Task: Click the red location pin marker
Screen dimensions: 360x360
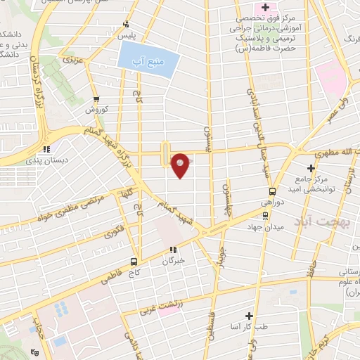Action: [x=181, y=165]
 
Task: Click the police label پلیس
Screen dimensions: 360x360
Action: [x=126, y=34]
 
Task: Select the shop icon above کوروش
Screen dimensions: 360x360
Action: [x=96, y=99]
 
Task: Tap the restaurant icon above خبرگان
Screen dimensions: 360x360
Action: [x=173, y=249]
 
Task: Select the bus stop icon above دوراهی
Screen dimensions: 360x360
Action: [x=272, y=191]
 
